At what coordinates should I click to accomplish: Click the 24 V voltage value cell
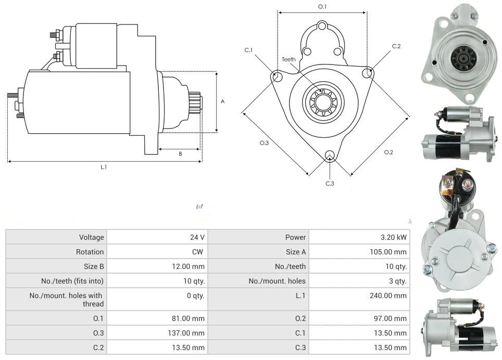point(197,237)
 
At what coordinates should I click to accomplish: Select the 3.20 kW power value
point(393,237)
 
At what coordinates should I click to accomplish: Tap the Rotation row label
point(90,252)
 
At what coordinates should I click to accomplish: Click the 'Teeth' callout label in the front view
point(288,59)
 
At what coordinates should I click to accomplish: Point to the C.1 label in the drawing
point(248,50)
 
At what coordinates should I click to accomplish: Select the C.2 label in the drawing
point(396,46)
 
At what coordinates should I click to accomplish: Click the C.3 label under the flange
point(330,183)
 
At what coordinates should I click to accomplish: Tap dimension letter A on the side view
point(223,101)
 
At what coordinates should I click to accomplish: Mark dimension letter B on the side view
point(180,154)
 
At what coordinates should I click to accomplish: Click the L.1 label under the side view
point(104,167)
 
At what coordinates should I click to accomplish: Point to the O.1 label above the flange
point(322,6)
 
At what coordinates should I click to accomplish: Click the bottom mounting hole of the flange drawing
point(329,155)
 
